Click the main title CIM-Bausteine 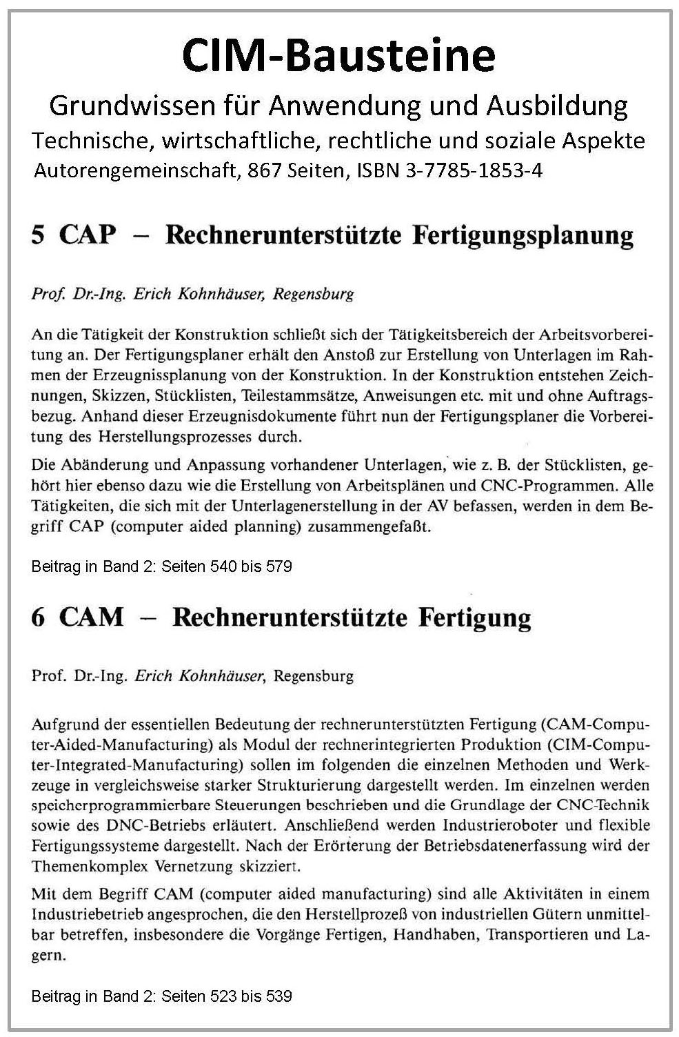click(x=338, y=56)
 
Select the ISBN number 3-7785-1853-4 click(x=476, y=170)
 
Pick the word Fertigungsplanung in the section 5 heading click(x=523, y=236)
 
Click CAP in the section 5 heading click(x=88, y=236)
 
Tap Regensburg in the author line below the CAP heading click(x=314, y=295)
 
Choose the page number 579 click(x=278, y=567)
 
